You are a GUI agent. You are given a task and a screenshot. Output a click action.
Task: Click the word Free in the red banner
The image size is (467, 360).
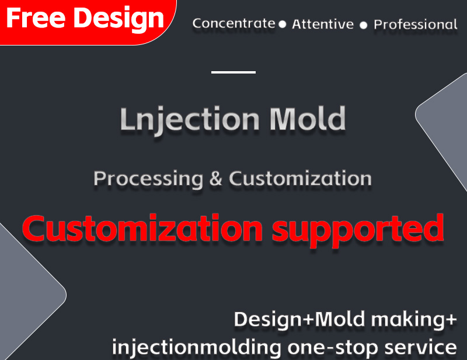tap(36, 18)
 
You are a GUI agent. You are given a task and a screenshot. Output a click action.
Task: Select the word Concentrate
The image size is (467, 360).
tap(234, 23)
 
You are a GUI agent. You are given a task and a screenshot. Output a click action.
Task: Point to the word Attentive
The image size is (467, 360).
tap(323, 24)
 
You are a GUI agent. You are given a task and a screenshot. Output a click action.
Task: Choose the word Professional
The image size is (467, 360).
tap(416, 25)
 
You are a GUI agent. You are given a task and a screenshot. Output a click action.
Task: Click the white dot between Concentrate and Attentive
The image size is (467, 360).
tap(283, 25)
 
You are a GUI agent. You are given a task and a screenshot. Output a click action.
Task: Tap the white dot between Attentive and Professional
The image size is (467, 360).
tap(363, 25)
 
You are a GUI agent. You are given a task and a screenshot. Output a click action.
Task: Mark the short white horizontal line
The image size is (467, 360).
tap(233, 72)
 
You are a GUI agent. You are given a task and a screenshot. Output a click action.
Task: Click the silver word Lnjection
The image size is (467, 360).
tap(190, 120)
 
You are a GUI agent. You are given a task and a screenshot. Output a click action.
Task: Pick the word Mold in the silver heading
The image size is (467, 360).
tap(308, 118)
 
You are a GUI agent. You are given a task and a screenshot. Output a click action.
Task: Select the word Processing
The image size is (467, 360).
tap(148, 179)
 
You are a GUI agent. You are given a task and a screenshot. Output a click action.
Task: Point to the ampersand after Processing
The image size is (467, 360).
tap(215, 179)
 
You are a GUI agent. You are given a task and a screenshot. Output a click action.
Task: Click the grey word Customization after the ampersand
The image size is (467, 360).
tap(300, 179)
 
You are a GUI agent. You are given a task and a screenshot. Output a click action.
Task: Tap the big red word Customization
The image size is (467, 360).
tap(142, 228)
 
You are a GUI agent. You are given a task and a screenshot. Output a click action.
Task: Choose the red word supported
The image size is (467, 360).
tap(358, 230)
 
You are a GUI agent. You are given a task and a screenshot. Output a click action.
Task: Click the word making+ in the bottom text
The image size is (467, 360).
tap(414, 320)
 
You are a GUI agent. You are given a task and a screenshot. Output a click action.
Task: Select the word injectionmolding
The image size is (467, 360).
tap(197, 347)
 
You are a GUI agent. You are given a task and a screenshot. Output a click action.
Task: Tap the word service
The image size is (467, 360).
tap(420, 347)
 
